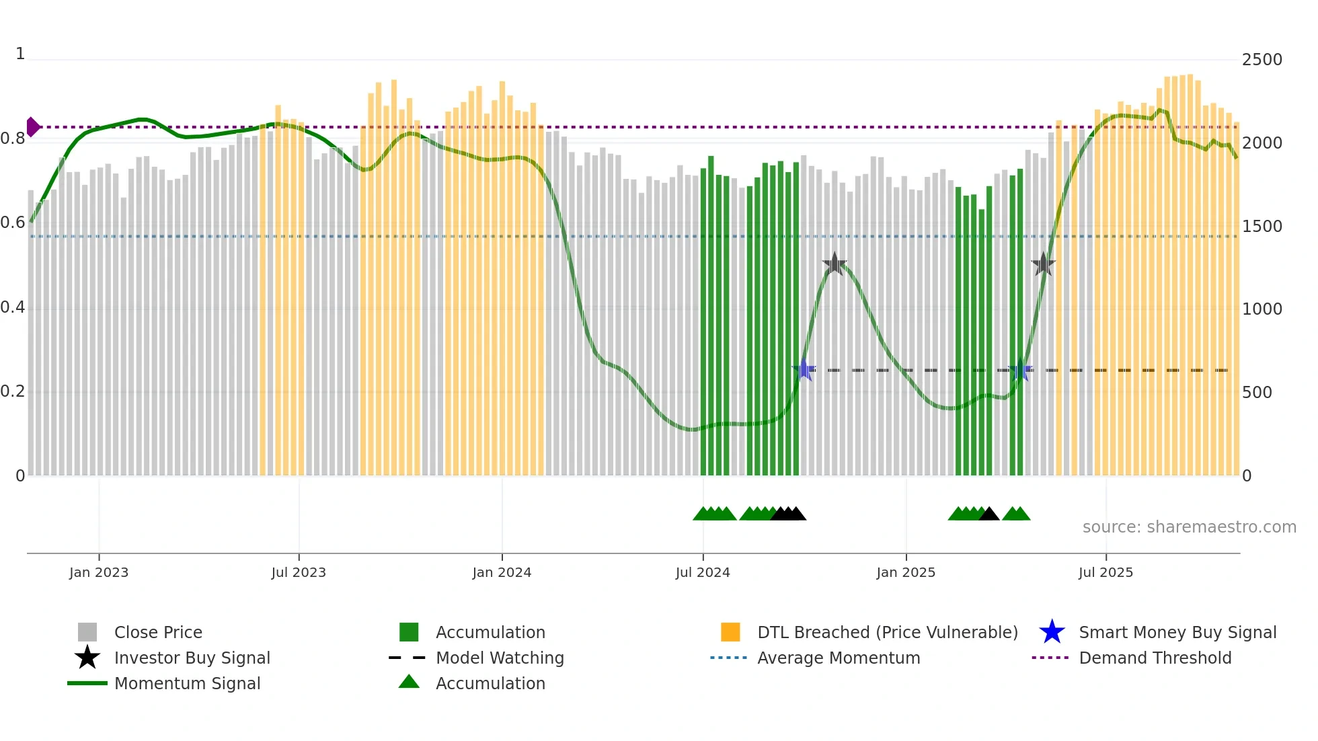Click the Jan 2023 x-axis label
99,572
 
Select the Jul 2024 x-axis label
703,572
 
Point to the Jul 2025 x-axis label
1106,572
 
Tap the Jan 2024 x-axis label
502,572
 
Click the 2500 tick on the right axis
1262,60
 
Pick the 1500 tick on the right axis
1262,227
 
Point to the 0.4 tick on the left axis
13,308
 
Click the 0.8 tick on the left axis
13,139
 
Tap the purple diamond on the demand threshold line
32,127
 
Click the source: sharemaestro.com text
1189,527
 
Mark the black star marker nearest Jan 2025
835,264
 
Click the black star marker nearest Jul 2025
1043,264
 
